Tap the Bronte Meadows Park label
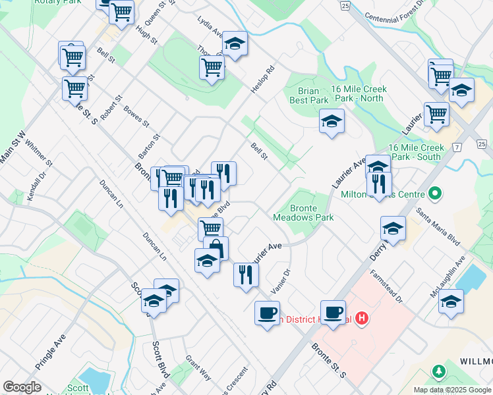[x=303, y=213]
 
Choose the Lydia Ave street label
[x=210, y=26]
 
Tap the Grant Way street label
[x=198, y=367]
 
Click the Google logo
[x=22, y=386]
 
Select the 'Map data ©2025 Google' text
[x=451, y=390]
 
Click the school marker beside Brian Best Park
[x=332, y=121]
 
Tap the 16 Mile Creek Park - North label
[x=359, y=93]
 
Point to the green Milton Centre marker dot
[x=434, y=194]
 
